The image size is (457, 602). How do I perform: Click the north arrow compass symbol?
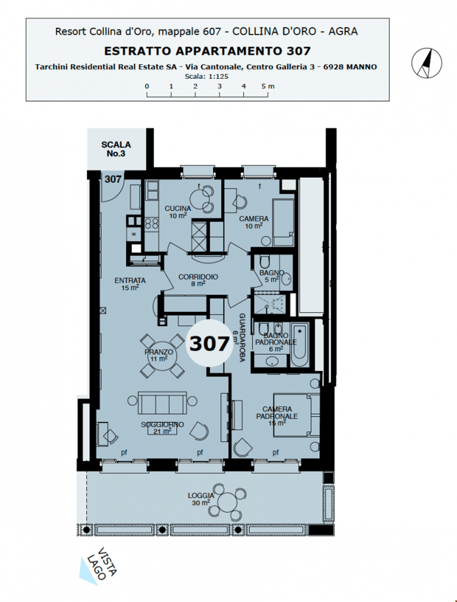point(427,63)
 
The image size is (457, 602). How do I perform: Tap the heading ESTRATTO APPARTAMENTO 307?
point(207,51)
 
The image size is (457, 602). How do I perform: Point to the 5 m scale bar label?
point(268,86)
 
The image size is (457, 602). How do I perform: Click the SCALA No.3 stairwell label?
point(116,149)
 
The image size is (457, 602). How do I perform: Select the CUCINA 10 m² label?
point(178,212)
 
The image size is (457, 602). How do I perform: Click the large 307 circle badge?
point(210,343)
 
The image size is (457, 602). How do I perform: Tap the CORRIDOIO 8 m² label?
point(198,280)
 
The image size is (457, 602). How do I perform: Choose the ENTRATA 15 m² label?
point(130,284)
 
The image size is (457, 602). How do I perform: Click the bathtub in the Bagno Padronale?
point(299,345)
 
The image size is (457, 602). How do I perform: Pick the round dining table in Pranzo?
point(162,356)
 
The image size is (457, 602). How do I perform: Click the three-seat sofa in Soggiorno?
point(162,403)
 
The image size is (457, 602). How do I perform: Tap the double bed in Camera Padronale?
point(296,415)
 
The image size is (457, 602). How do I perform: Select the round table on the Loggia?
point(228,503)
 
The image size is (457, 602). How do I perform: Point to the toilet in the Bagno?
point(264,262)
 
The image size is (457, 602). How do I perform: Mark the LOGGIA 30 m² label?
point(199,499)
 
